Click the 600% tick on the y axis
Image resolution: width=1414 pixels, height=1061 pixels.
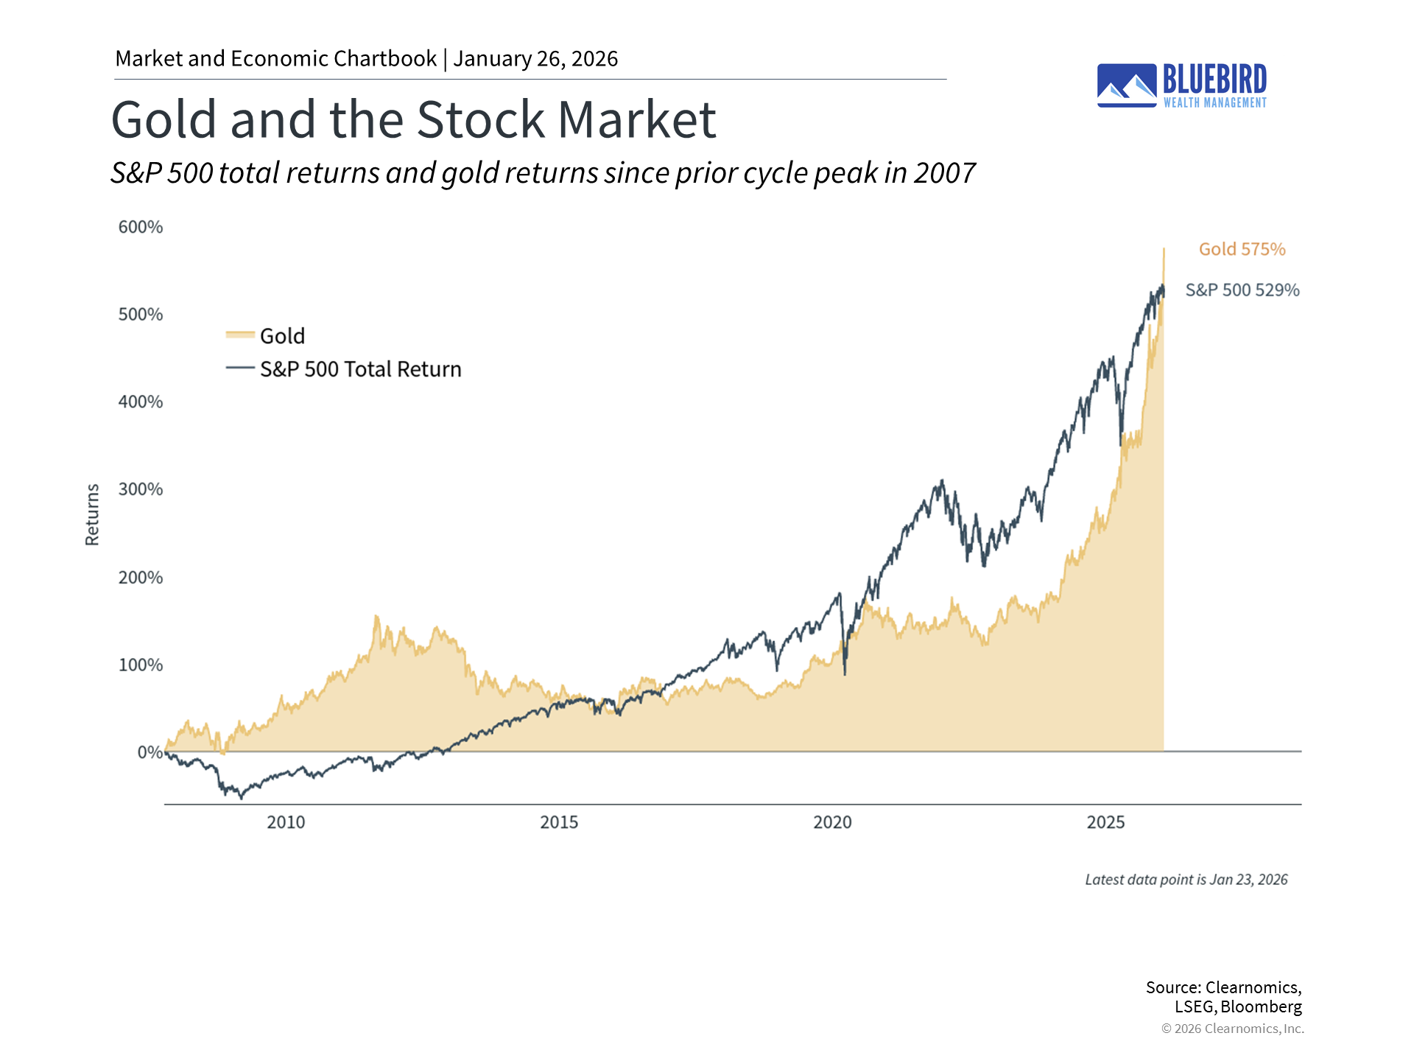point(141,227)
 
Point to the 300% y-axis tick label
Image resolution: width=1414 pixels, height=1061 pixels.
point(141,489)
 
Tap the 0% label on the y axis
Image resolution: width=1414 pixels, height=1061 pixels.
point(150,752)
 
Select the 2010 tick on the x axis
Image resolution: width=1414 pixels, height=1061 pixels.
point(286,822)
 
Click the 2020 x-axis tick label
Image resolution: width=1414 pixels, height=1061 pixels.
point(832,822)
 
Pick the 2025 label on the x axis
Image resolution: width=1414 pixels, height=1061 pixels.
point(1105,822)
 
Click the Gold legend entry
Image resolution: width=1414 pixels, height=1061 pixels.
point(282,336)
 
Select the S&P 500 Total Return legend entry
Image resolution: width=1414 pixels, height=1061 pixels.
point(360,369)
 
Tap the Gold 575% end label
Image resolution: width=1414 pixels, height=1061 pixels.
point(1242,250)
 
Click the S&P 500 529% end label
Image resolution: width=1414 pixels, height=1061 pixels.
point(1242,290)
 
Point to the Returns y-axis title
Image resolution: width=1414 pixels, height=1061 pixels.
point(92,514)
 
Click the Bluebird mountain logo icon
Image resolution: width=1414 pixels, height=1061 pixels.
point(1127,85)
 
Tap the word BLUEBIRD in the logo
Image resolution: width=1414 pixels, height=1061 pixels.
point(1214,79)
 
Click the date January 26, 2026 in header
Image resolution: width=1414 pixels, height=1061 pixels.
point(535,59)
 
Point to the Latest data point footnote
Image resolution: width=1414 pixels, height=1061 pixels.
point(1186,880)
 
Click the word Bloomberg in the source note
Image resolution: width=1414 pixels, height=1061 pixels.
point(1261,1006)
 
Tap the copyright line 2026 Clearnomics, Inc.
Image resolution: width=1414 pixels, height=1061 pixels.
point(1232,1029)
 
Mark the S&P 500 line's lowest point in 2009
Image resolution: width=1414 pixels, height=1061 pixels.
point(241,798)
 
